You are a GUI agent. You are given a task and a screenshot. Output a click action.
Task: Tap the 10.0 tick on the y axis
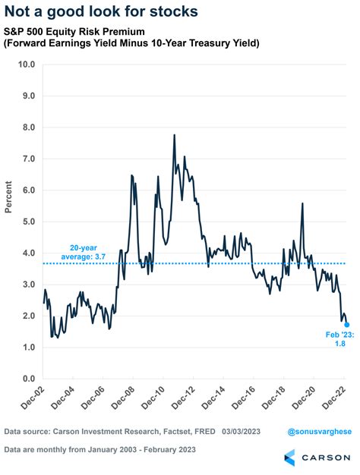tap(27, 64)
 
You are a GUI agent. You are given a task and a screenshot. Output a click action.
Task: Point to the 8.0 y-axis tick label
tap(28, 127)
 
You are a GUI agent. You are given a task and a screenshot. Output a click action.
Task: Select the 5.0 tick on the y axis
tap(28, 222)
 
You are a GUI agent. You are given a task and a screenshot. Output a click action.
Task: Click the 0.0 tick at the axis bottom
tap(28, 379)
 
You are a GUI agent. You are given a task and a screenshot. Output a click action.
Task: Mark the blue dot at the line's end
tap(347, 324)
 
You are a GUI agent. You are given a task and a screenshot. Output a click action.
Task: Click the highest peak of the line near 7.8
tap(175, 136)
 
